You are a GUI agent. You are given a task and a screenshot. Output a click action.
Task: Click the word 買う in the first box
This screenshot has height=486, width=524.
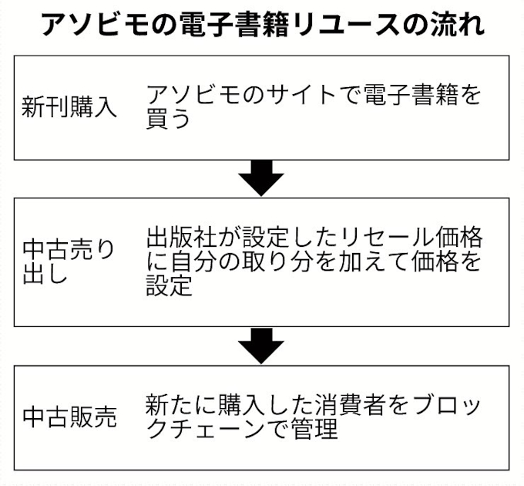click(168, 120)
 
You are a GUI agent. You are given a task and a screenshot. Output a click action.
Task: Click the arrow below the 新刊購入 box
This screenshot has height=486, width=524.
click(261, 178)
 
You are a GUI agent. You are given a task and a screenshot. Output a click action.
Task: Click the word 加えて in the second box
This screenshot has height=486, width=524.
click(371, 262)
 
